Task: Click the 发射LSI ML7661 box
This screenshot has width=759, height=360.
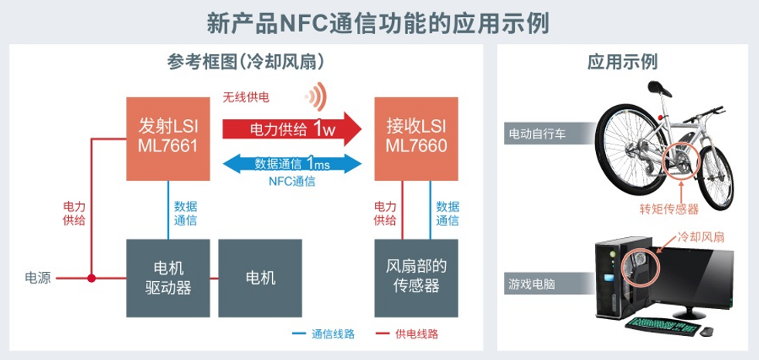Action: click(168, 139)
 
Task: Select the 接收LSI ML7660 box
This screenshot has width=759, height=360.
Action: click(417, 139)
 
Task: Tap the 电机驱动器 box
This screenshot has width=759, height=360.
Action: click(168, 278)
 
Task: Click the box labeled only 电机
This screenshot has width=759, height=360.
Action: click(260, 278)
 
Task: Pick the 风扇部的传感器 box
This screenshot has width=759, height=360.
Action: click(417, 278)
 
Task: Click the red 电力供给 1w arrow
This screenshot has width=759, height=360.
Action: click(292, 129)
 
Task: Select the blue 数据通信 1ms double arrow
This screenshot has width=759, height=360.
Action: click(292, 164)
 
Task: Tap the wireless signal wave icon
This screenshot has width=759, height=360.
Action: click(317, 97)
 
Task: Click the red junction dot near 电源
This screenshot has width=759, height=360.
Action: click(91, 278)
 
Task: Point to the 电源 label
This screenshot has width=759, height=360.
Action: click(38, 279)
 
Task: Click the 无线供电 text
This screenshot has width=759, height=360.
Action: click(246, 98)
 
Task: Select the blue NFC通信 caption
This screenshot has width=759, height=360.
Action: click(292, 182)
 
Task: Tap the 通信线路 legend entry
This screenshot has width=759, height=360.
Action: click(323, 334)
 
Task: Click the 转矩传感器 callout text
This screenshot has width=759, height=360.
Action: click(669, 209)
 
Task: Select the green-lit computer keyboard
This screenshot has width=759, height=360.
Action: click(662, 326)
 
